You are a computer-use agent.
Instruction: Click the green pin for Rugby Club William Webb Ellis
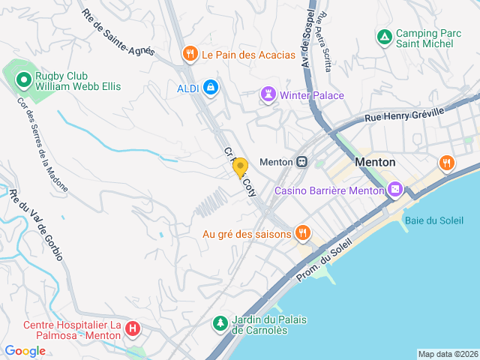click(23, 78)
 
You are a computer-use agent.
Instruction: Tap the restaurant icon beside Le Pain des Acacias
click(190, 54)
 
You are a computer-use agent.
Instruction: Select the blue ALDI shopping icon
click(211, 88)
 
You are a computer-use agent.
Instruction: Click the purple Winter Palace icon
click(268, 94)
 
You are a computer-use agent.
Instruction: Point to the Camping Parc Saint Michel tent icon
click(384, 36)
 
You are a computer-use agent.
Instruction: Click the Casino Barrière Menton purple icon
click(396, 190)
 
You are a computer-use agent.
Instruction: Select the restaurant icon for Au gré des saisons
click(302, 233)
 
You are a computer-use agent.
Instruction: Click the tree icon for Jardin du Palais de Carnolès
click(220, 324)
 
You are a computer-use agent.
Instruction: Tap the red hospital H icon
click(133, 328)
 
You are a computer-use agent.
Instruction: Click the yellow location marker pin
click(240, 167)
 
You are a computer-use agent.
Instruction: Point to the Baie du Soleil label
click(435, 219)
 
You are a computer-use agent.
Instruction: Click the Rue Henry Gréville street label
click(404, 113)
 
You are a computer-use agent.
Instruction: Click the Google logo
click(25, 350)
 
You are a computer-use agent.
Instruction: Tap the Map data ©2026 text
click(447, 354)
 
